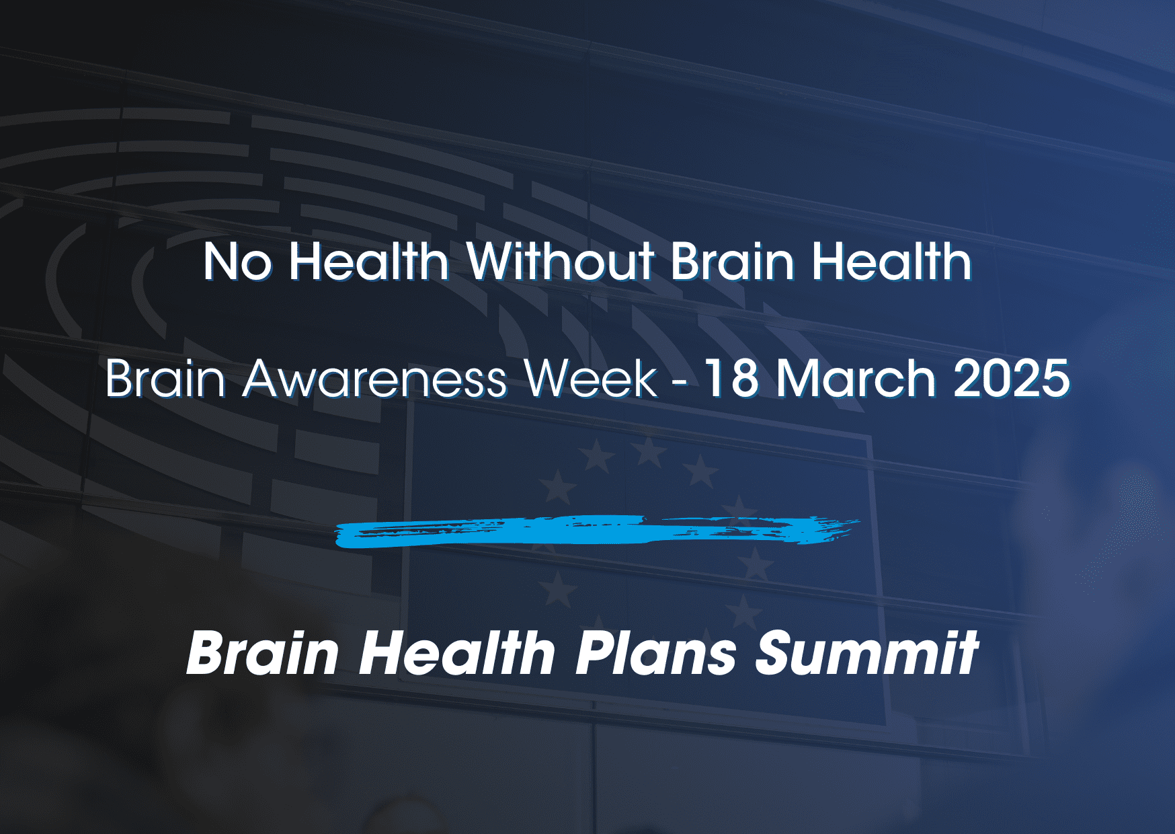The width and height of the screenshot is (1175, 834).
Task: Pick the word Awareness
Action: tap(374, 379)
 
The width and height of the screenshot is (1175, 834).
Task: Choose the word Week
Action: tap(590, 378)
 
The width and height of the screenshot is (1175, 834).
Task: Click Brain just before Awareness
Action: tap(165, 378)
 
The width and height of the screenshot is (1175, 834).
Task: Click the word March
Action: tap(855, 378)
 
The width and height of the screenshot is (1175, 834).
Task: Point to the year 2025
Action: tap(1011, 379)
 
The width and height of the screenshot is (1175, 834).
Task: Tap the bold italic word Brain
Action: tap(263, 652)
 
